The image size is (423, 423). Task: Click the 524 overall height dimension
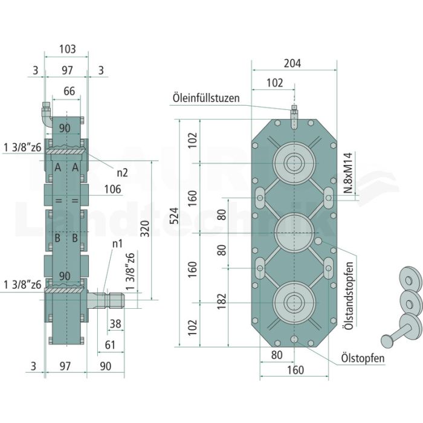click(175, 216)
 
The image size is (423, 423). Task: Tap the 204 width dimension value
click(292, 63)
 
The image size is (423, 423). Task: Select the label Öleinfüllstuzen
click(206, 98)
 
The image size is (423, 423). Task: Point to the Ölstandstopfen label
click(349, 295)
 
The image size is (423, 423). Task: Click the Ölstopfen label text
click(363, 358)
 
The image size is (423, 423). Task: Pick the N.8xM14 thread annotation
click(349, 173)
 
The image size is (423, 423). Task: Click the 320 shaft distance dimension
click(145, 229)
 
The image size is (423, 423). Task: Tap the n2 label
click(122, 173)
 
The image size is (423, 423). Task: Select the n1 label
click(117, 244)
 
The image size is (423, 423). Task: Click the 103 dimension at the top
click(68, 49)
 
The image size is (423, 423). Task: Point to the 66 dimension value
click(69, 91)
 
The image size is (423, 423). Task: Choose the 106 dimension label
click(112, 189)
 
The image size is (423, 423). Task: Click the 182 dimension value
click(221, 301)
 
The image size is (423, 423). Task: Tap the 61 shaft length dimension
click(110, 345)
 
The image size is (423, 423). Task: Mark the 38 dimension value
click(115, 323)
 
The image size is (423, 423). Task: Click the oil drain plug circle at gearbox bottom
click(294, 339)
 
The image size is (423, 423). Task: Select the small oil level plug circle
click(318, 241)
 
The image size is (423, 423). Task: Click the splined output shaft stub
click(106, 300)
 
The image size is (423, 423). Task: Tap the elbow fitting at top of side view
click(47, 114)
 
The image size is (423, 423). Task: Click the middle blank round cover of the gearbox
click(294, 233)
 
